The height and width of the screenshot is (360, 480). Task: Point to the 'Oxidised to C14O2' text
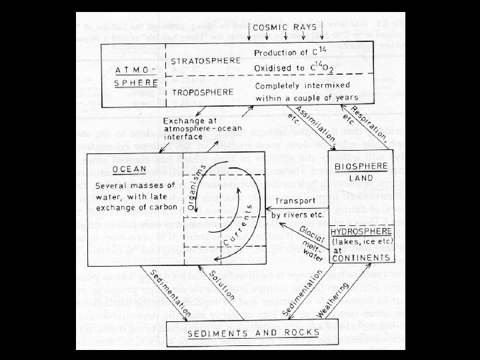point(297,69)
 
